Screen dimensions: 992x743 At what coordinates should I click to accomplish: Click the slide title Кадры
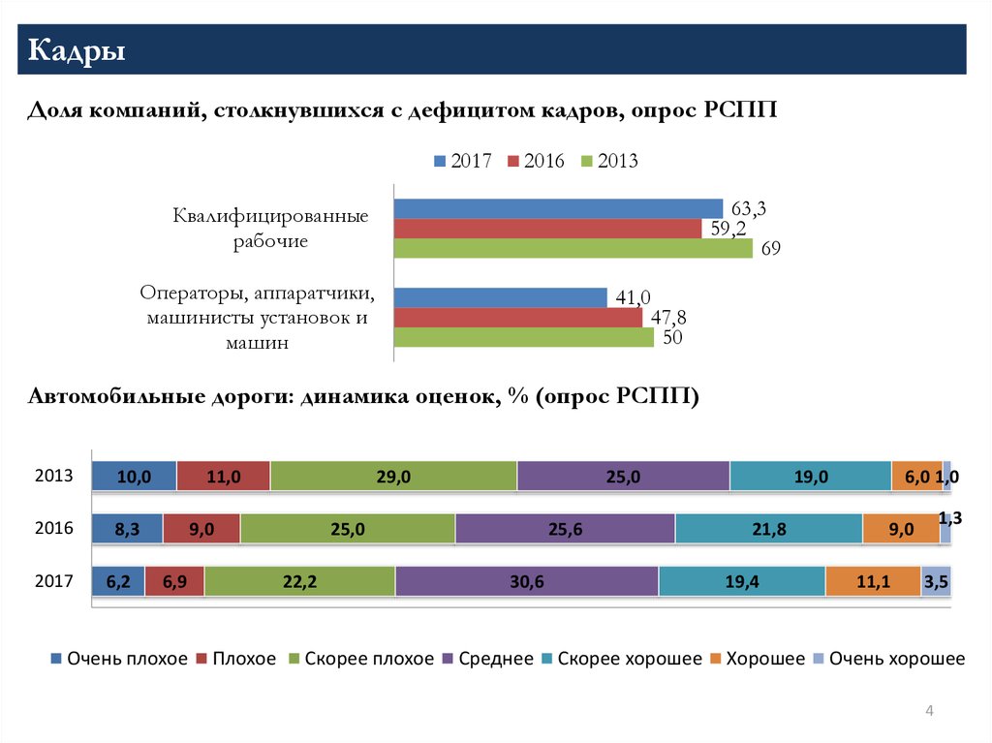point(77,50)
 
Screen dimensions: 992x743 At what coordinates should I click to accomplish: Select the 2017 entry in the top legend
point(462,161)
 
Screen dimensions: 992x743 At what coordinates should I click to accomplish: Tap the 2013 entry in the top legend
point(609,161)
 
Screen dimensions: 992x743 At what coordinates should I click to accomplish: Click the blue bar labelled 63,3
point(558,209)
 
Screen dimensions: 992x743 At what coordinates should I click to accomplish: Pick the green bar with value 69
point(573,248)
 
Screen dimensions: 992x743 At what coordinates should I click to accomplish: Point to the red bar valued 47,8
point(518,318)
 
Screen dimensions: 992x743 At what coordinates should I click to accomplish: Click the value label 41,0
point(633,297)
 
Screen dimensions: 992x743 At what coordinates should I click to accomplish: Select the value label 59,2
point(728,228)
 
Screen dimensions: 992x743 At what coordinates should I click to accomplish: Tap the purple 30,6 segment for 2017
point(527,581)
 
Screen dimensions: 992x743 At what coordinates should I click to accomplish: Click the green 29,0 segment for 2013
point(393,476)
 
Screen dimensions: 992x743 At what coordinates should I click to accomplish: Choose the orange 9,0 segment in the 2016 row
point(901,529)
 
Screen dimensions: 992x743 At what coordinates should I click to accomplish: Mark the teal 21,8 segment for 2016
point(768,529)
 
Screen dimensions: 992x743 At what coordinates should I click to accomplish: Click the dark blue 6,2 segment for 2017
point(118,581)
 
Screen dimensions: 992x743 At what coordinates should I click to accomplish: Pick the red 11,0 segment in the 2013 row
point(224,476)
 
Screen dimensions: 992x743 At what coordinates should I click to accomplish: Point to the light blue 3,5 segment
point(936,581)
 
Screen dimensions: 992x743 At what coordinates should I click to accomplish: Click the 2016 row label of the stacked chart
point(54,528)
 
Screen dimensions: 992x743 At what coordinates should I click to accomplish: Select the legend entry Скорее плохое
point(361,659)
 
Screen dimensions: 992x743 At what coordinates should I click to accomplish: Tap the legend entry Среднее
point(488,659)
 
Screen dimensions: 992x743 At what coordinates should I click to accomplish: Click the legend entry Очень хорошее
point(889,659)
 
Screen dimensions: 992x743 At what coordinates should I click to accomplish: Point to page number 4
point(929,711)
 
